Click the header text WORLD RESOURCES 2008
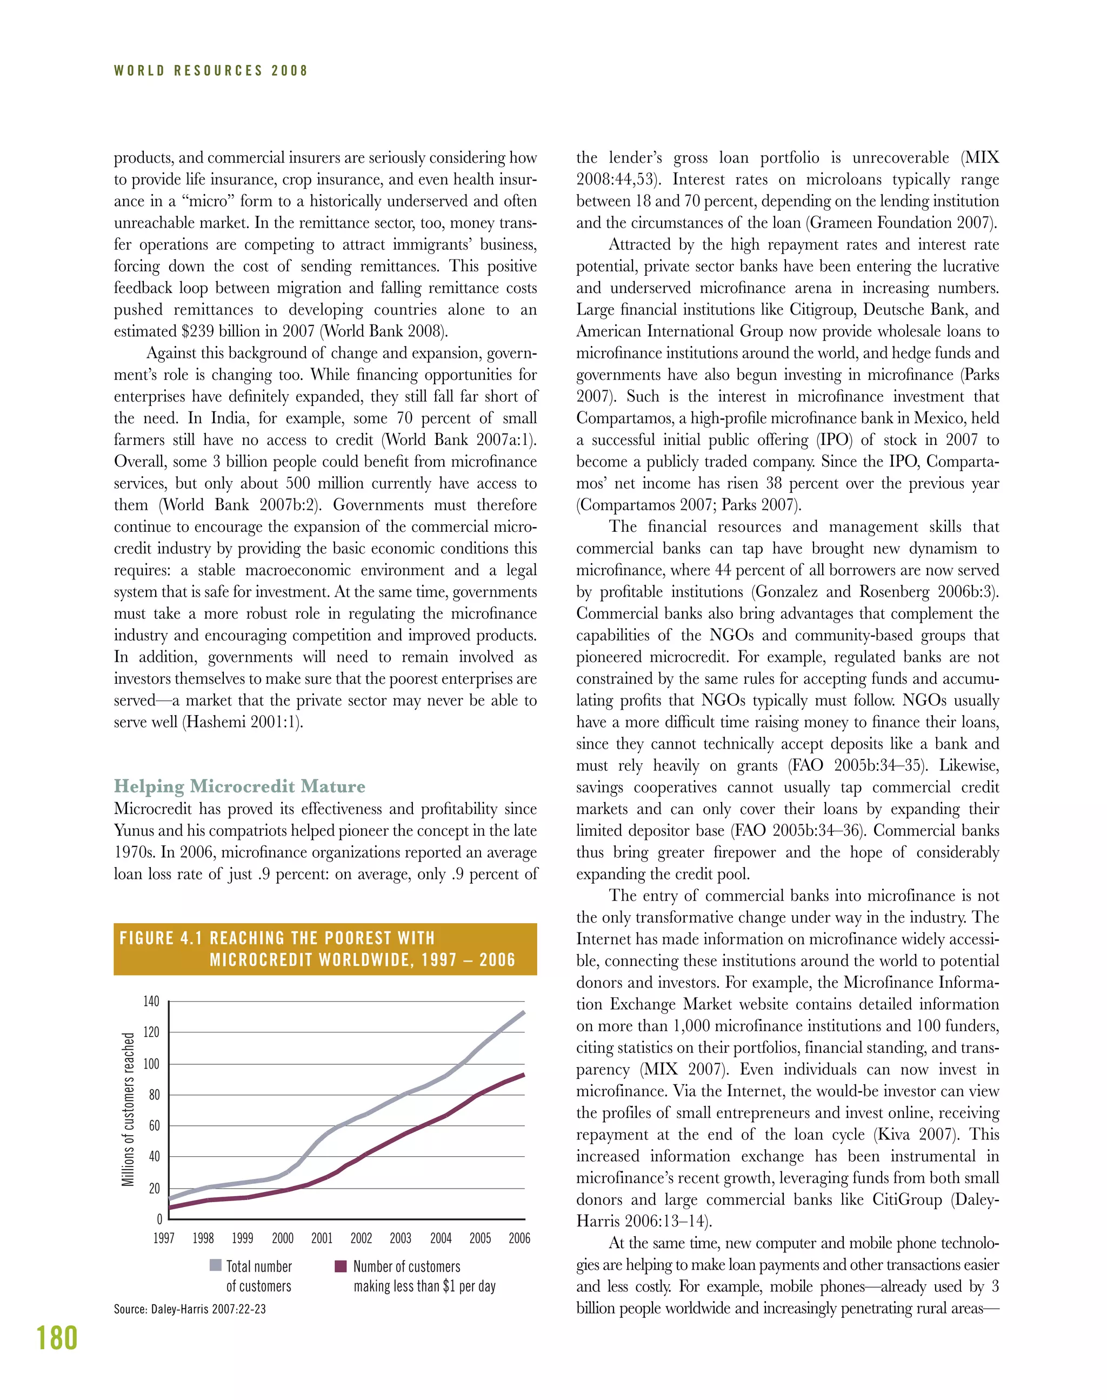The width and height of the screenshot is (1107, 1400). point(211,71)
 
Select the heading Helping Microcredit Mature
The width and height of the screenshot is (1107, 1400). point(239,786)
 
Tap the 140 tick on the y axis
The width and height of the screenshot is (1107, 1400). point(151,1002)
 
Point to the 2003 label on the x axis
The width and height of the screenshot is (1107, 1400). point(401,1238)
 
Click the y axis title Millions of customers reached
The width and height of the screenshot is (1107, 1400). point(128,1110)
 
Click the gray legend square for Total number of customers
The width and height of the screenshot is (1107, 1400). point(216,1266)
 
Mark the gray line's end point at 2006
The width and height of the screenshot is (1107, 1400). point(523,1012)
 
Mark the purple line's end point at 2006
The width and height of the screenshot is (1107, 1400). point(523,1075)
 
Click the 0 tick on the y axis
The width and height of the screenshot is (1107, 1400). point(159,1219)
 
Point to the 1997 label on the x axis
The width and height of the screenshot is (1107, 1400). point(164,1238)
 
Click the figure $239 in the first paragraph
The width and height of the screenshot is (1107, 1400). point(195,331)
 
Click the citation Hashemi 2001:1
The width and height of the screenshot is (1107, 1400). point(242,722)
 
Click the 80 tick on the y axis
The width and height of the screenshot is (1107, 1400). point(154,1095)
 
